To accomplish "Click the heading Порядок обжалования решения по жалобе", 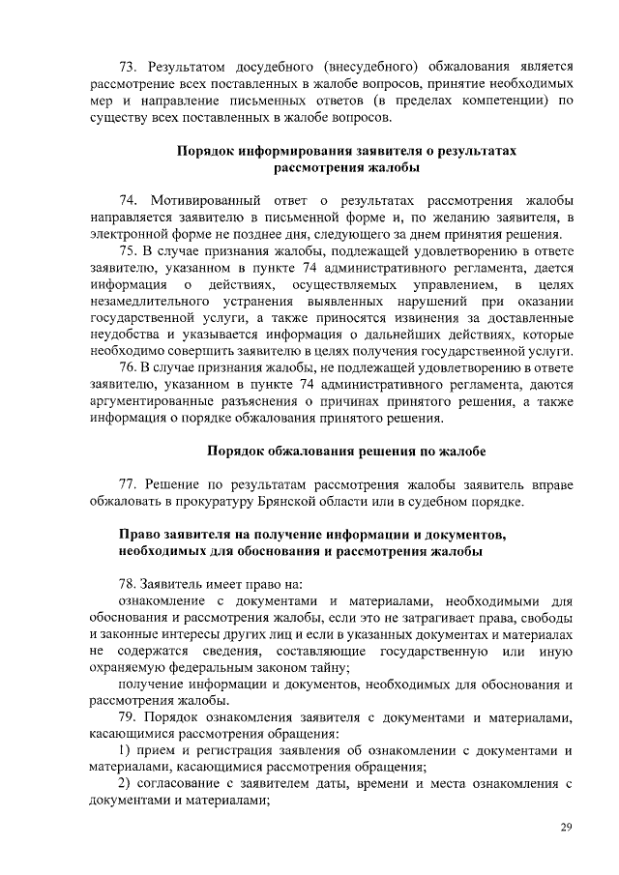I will (x=346, y=452).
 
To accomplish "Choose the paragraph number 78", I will (x=127, y=583).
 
